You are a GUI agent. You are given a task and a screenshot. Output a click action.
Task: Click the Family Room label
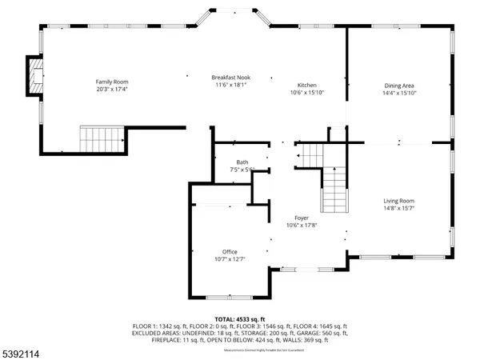112,82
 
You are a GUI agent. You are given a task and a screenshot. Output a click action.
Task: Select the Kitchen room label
307,85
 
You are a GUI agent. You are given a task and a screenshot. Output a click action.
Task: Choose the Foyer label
302,218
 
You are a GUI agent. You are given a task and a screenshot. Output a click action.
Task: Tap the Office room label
230,251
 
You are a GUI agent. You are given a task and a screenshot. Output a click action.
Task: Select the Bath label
242,162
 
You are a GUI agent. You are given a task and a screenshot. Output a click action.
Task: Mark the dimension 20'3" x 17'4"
112,90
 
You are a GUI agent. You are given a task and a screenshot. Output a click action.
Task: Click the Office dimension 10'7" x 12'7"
230,259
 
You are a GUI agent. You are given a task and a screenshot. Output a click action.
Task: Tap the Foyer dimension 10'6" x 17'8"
302,226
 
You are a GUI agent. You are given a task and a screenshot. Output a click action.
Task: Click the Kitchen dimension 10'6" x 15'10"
307,93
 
